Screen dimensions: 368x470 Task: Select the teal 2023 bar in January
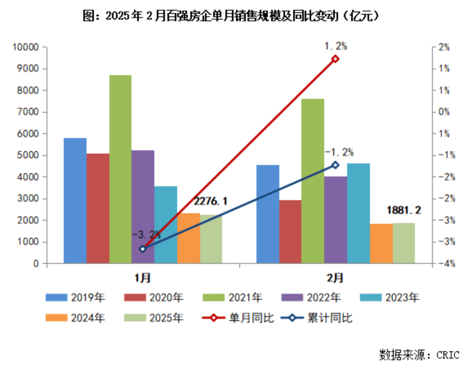pyautogui.click(x=166, y=225)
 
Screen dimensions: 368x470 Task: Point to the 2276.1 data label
pyautogui.click(x=210, y=201)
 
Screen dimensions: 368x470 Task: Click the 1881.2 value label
pyautogui.click(x=404, y=210)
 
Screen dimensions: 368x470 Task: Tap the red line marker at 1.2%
pyautogui.click(x=335, y=59)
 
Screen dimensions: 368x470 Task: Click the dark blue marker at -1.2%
pyautogui.click(x=335, y=165)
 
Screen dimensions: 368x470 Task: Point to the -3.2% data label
pyautogui.click(x=146, y=235)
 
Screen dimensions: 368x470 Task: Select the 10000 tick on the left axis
pyautogui.click(x=26, y=47)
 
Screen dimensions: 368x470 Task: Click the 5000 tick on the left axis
pyautogui.click(x=28, y=156)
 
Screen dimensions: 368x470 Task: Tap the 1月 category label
pyautogui.click(x=143, y=278)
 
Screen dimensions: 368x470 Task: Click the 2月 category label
pyautogui.click(x=335, y=278)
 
